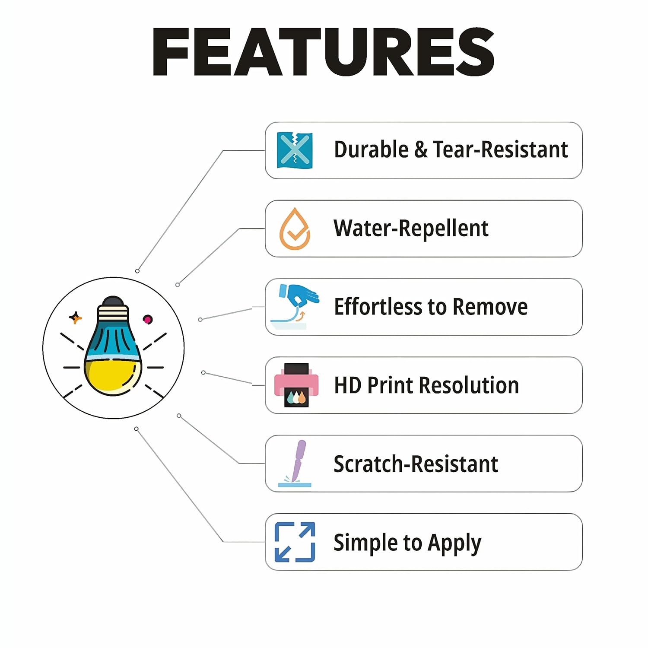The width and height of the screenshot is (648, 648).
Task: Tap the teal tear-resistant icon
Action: point(295,150)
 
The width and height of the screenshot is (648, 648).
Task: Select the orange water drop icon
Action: point(295,229)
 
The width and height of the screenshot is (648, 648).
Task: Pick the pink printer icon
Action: point(296,385)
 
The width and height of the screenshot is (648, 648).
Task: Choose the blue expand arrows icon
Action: point(295,542)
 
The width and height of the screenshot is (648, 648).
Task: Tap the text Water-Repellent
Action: point(410,229)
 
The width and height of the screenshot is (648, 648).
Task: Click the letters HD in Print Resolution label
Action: point(347,385)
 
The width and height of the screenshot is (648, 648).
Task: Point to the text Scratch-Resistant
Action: point(416,464)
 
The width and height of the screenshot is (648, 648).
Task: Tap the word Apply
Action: point(454,543)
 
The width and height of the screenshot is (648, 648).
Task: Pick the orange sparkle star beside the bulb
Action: point(76,318)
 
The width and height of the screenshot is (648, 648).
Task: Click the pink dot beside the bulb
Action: point(148,319)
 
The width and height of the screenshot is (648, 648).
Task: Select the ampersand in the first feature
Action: point(420,150)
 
